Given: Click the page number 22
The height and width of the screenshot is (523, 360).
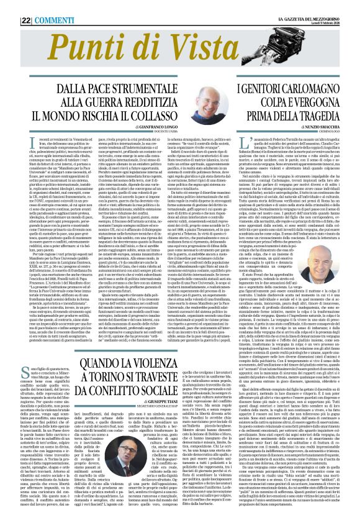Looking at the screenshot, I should [x=10, y=7].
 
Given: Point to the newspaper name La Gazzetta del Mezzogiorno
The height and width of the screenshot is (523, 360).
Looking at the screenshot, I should [x=322, y=4].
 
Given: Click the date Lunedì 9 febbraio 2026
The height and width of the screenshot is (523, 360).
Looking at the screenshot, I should [x=335, y=9].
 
